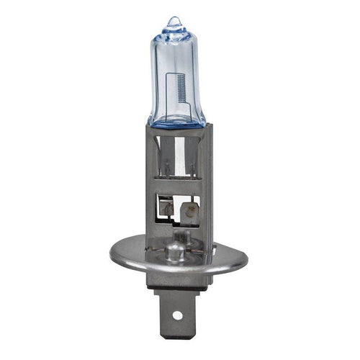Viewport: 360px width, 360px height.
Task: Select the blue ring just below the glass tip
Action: [173, 33]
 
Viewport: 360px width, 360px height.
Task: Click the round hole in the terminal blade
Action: [175, 314]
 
